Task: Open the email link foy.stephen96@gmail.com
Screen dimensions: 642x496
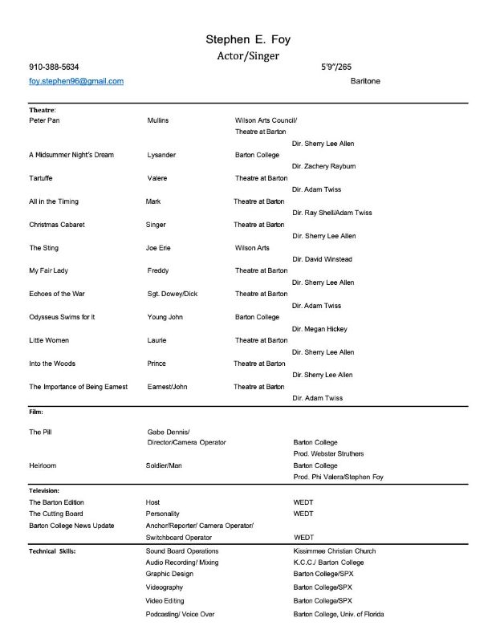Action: pyautogui.click(x=76, y=81)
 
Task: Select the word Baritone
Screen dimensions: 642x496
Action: pyautogui.click(x=365, y=81)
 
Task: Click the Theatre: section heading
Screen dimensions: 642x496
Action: pyautogui.click(x=43, y=109)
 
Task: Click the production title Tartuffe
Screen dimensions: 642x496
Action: pyautogui.click(x=42, y=178)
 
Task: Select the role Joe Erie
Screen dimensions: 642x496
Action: pyautogui.click(x=158, y=248)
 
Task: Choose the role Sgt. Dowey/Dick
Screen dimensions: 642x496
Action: pyautogui.click(x=173, y=295)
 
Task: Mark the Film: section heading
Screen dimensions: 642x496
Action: pyautogui.click(x=36, y=412)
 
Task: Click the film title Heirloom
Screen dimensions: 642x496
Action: pyautogui.click(x=43, y=465)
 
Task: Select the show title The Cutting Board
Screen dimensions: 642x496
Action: pyautogui.click(x=56, y=514)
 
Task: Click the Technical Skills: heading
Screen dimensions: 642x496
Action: pyautogui.click(x=57, y=551)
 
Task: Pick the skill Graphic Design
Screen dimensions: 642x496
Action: pyautogui.click(x=169, y=575)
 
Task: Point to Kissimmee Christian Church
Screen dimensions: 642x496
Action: pyautogui.click(x=335, y=551)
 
